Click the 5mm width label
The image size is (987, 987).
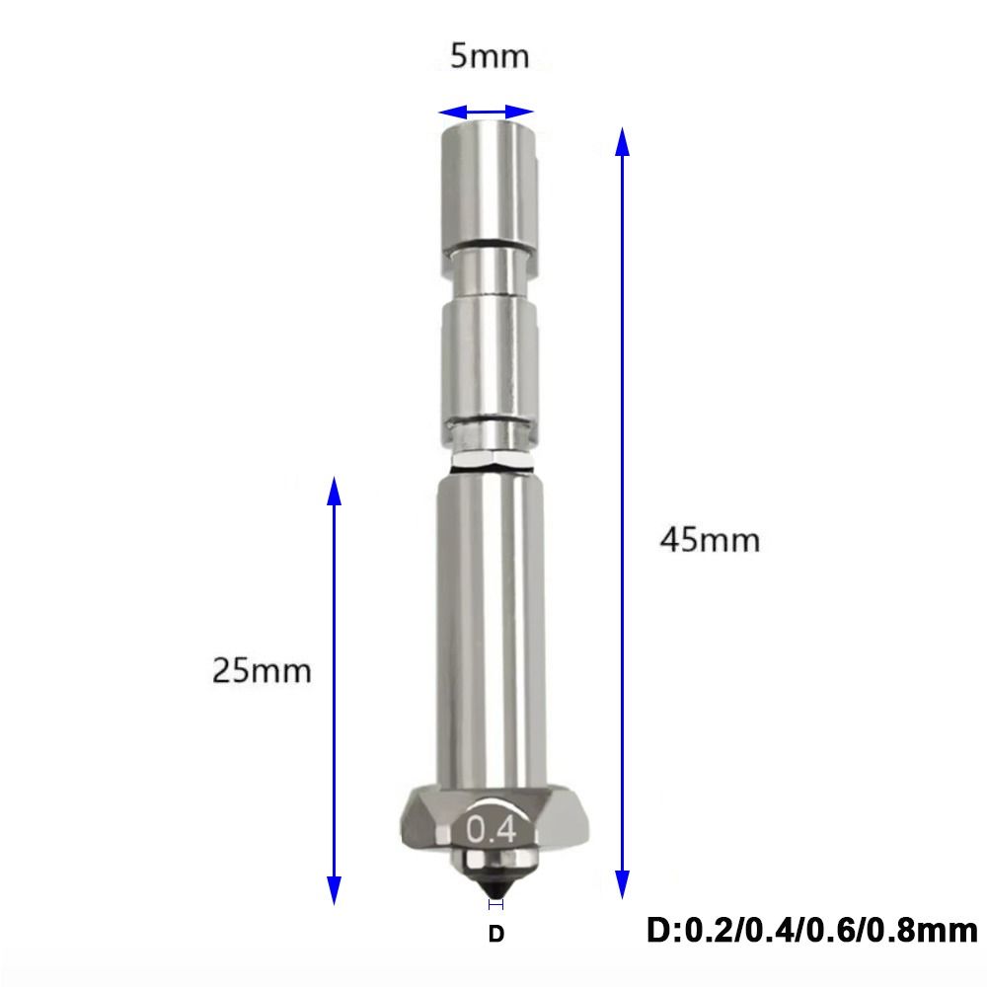coord(490,56)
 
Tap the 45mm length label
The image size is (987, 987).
coord(711,541)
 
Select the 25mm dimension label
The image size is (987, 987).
coord(262,671)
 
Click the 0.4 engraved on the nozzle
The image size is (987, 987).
coord(493,828)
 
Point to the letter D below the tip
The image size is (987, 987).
coord(496,933)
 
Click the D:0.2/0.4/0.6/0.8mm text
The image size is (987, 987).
coord(812,930)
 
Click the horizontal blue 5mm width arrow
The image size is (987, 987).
coord(487,112)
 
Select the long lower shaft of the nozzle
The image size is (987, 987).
coord(490,622)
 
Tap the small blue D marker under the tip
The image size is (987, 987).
coord(496,903)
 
